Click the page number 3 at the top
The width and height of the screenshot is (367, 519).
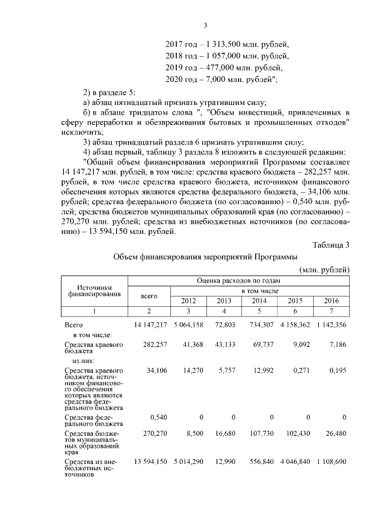pos(205,25)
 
